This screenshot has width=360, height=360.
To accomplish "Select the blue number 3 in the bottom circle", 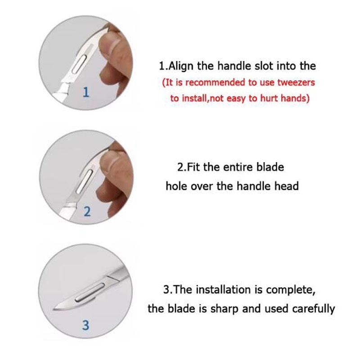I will pyautogui.click(x=86, y=325).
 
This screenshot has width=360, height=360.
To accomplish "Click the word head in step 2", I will pyautogui.click(x=286, y=186).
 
